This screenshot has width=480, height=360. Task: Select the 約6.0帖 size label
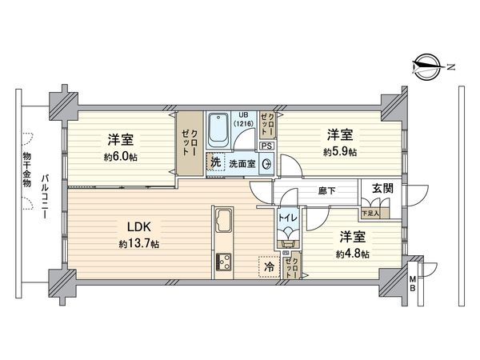coord(120,157)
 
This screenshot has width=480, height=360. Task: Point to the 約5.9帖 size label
coord(341,151)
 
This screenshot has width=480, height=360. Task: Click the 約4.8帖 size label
coord(352,254)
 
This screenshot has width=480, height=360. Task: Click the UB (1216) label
coord(242,120)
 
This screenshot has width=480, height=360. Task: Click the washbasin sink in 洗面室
coord(267,162)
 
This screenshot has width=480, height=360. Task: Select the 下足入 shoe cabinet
coord(370,213)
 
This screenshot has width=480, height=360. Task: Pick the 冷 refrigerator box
coord(268,266)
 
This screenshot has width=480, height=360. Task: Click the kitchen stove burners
coord(222,262)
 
